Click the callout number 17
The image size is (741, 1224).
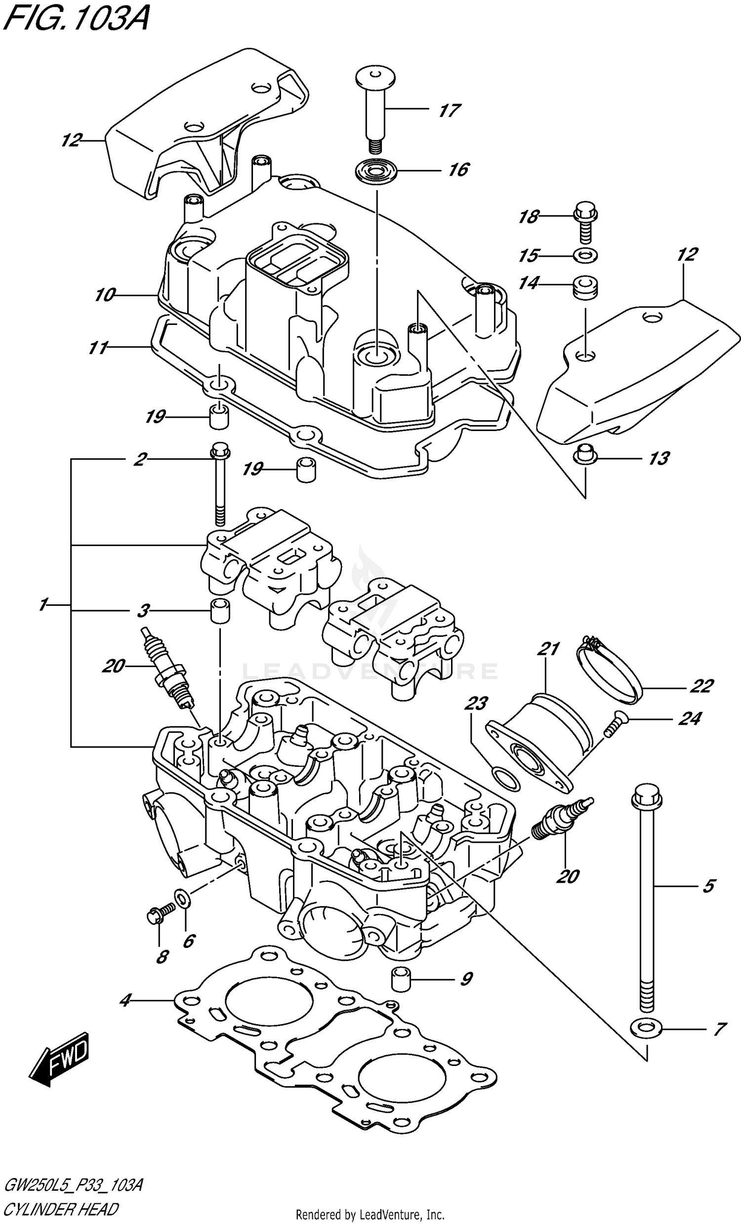(x=449, y=110)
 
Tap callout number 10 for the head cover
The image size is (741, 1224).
(x=105, y=295)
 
